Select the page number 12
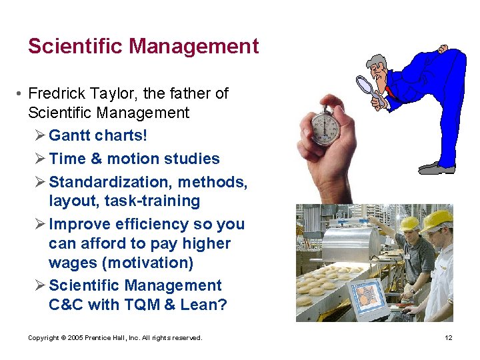[x=449, y=338]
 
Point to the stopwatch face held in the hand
[x=325, y=126]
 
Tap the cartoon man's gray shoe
[x=437, y=167]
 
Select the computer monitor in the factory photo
[x=369, y=296]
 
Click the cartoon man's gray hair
[x=378, y=61]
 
